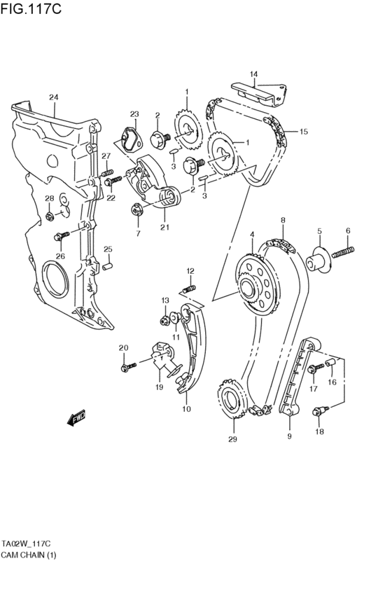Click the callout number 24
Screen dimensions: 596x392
(x=53, y=97)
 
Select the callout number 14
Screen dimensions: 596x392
(x=253, y=74)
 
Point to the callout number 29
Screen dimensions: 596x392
(x=232, y=439)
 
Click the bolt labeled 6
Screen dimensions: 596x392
(x=342, y=250)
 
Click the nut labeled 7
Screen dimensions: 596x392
(x=137, y=209)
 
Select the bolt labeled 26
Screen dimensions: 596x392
(x=62, y=235)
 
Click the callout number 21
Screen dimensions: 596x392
(x=164, y=226)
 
